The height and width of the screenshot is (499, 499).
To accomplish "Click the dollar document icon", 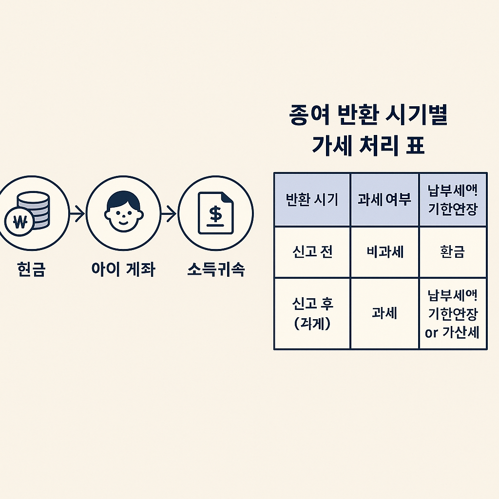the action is (215, 213).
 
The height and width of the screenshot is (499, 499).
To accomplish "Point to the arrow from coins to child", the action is (77, 213).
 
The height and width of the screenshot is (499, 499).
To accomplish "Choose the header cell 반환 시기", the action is (311, 200).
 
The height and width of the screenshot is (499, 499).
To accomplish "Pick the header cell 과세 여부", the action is (384, 200).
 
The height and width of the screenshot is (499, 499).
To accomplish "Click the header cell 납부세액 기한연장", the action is (453, 200).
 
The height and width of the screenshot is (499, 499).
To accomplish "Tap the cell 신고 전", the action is (312, 252).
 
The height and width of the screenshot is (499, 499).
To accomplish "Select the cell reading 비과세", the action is (384, 252).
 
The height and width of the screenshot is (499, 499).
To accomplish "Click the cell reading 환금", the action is (453, 252).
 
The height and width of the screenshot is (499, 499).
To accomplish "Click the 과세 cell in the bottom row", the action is (384, 313).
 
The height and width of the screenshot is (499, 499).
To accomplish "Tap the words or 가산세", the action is (452, 332).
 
